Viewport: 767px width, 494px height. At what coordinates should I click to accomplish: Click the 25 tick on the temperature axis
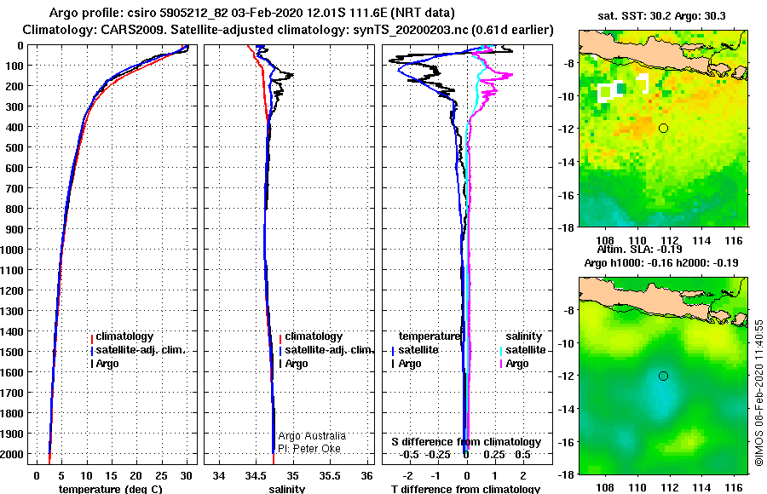pyautogui.click(x=162, y=474)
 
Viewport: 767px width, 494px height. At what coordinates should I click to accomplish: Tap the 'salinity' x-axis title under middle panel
pyautogui.click(x=287, y=488)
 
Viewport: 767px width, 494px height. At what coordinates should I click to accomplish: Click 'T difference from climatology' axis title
pyautogui.click(x=465, y=488)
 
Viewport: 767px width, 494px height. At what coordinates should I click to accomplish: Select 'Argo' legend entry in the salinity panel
pyautogui.click(x=297, y=364)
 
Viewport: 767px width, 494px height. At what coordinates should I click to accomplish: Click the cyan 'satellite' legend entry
pyautogui.click(x=525, y=350)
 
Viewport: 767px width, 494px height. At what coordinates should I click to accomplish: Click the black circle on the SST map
pyautogui.click(x=663, y=128)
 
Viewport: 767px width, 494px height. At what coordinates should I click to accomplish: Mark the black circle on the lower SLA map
pyautogui.click(x=663, y=376)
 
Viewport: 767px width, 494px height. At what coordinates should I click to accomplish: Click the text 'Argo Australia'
pyautogui.click(x=312, y=436)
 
